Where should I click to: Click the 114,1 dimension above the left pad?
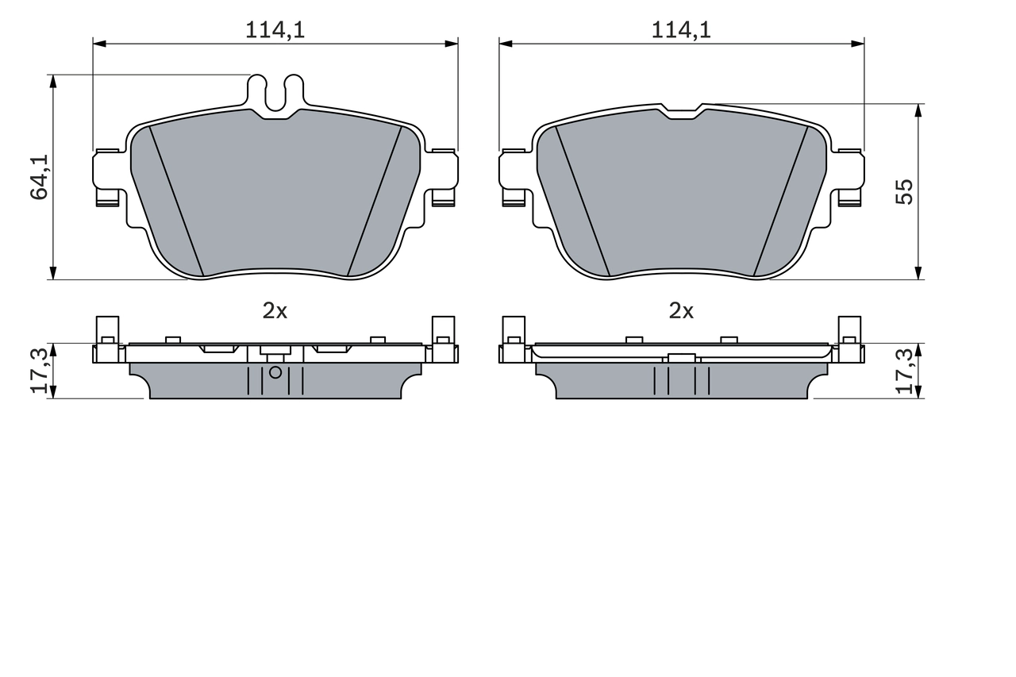[x=275, y=30]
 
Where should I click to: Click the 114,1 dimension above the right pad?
[x=681, y=30]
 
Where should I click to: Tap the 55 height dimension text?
[x=904, y=191]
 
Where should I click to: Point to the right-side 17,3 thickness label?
[x=904, y=370]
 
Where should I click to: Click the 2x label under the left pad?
[x=275, y=311]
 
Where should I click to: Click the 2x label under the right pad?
[x=681, y=311]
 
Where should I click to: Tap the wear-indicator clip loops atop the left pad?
[x=275, y=92]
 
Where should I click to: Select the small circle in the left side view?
[x=275, y=372]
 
